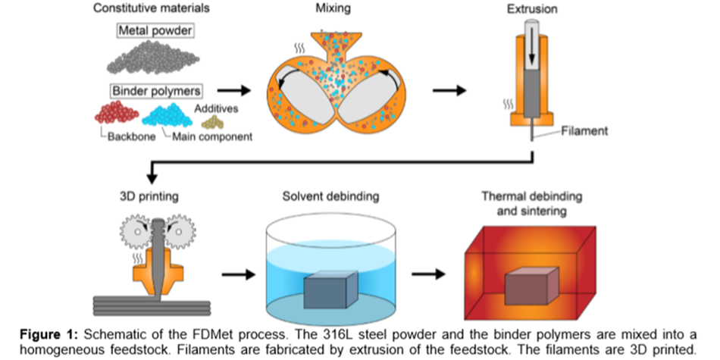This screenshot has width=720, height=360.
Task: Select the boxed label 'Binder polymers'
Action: [x=156, y=90]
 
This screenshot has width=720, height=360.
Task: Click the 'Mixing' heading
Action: [x=333, y=9]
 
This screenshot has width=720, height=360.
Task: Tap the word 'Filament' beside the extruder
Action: [x=586, y=131]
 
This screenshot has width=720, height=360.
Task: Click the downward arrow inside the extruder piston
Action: [x=533, y=45]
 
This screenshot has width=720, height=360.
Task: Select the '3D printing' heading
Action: [x=149, y=196]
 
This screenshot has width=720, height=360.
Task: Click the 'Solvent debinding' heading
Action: [x=330, y=196]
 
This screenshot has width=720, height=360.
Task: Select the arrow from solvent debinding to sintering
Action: [x=430, y=274]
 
